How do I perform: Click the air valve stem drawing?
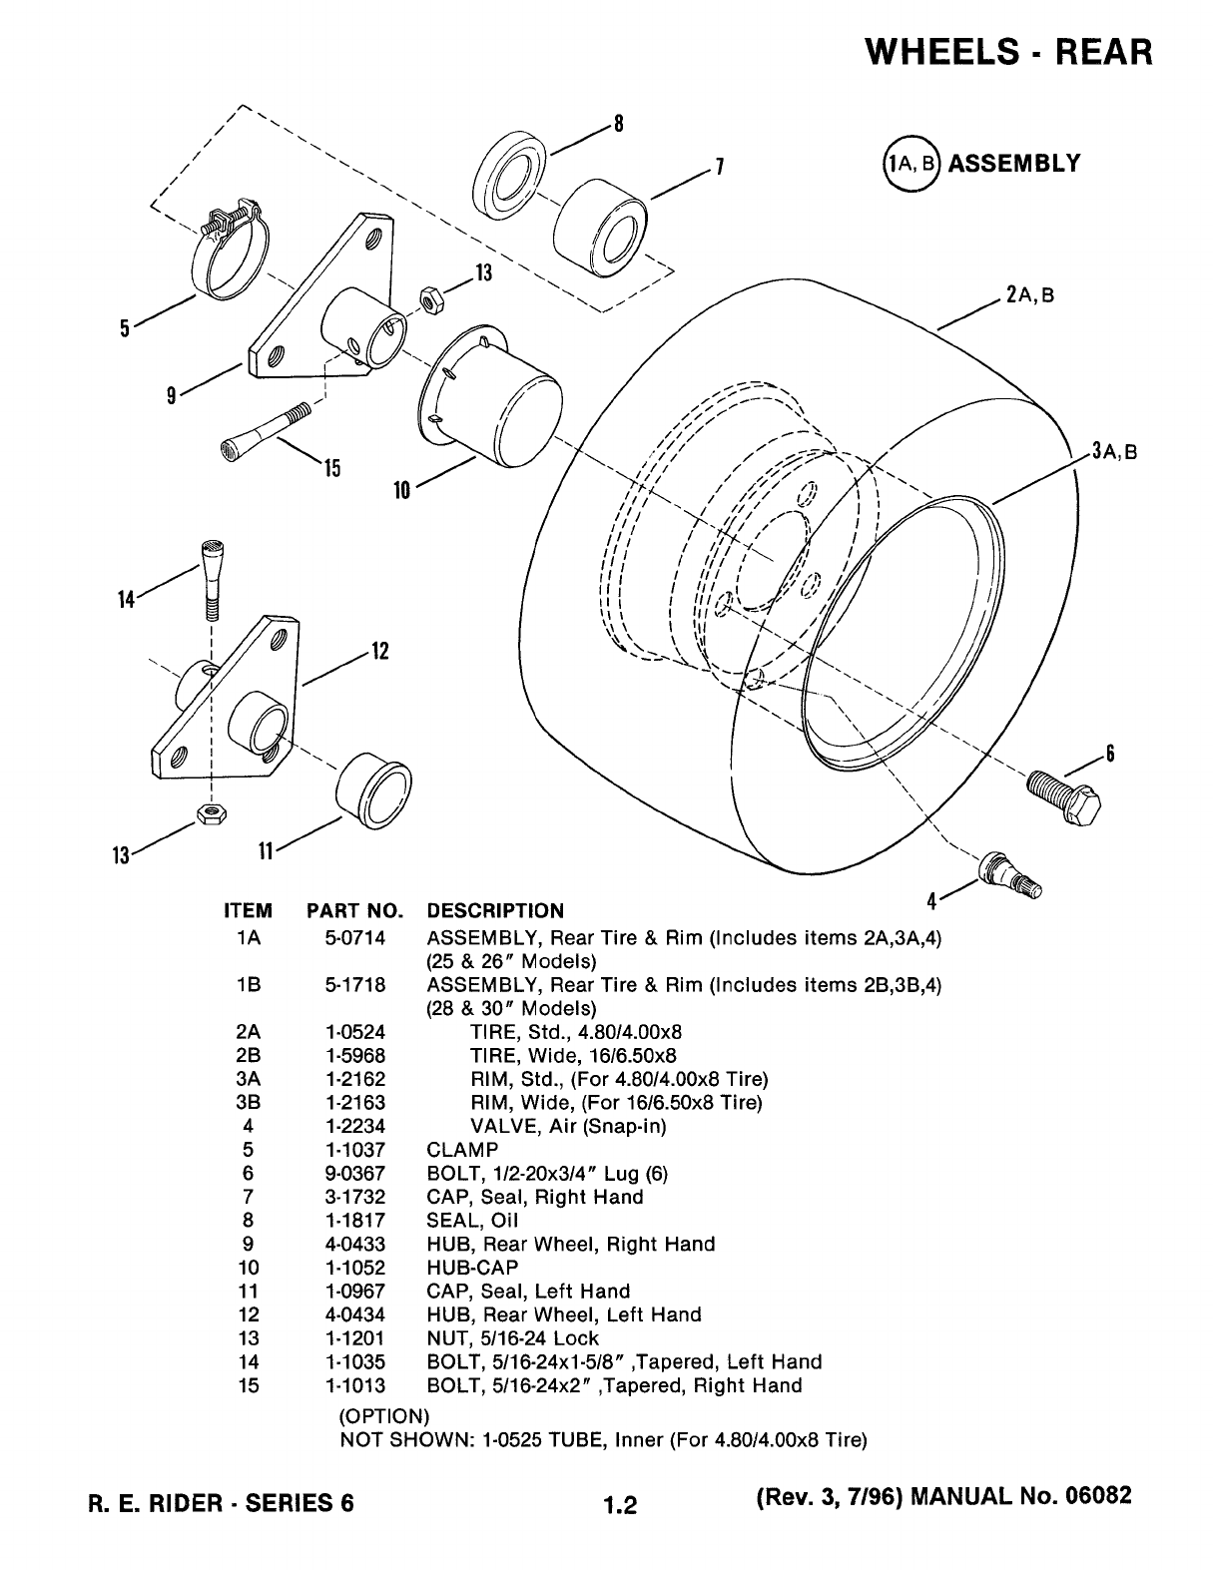[x=1010, y=875]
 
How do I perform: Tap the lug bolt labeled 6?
[x=1064, y=797]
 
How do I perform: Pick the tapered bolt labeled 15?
[x=266, y=432]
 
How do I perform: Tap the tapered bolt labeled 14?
[x=212, y=580]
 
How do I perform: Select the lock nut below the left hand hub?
[x=211, y=812]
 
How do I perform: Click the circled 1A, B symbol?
[x=911, y=163]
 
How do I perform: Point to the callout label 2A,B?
[x=1030, y=294]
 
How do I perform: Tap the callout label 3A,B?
[x=1114, y=451]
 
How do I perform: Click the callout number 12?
[x=380, y=651]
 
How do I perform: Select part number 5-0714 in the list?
[x=354, y=938]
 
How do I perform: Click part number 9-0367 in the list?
[x=354, y=1174]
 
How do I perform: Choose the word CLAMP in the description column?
[x=462, y=1150]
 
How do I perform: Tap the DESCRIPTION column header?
[x=495, y=910]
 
